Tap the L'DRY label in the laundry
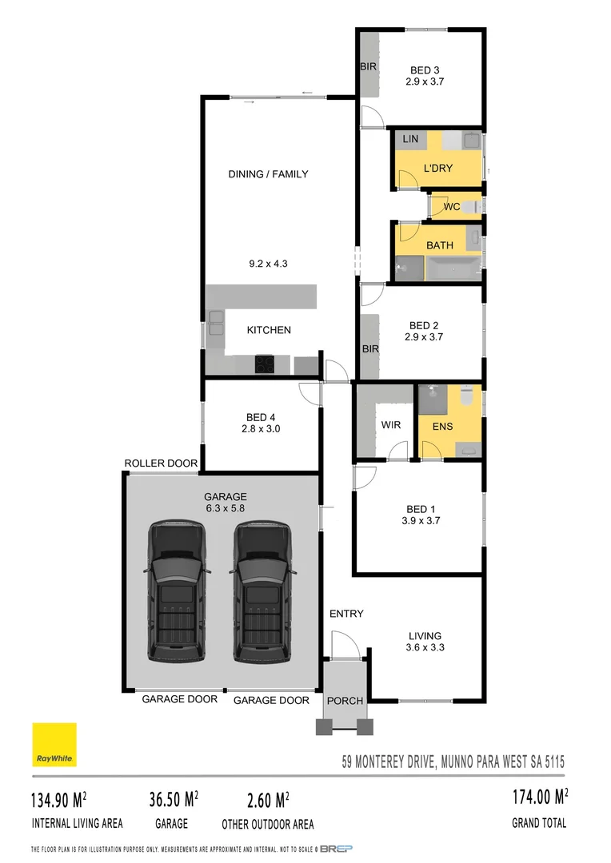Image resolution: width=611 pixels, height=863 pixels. click(437, 168)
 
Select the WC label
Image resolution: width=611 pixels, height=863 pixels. click(452, 207)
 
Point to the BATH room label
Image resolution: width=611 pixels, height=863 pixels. click(439, 245)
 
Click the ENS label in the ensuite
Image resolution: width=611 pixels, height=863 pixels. click(442, 426)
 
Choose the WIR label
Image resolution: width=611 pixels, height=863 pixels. click(391, 424)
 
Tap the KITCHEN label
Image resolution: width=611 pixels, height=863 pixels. click(269, 330)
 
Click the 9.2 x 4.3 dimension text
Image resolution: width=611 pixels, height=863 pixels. click(268, 261)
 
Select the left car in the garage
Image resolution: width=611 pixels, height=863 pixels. click(178, 591)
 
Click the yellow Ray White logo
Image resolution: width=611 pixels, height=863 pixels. click(54, 745)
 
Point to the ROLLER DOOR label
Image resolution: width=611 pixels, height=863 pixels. click(161, 463)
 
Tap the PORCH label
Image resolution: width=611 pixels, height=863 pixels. click(345, 701)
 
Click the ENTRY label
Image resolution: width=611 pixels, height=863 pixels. click(346, 614)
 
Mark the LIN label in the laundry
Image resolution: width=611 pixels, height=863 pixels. click(410, 139)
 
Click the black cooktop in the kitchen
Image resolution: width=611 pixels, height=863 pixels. click(265, 364)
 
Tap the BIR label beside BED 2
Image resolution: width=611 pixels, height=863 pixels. click(370, 349)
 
